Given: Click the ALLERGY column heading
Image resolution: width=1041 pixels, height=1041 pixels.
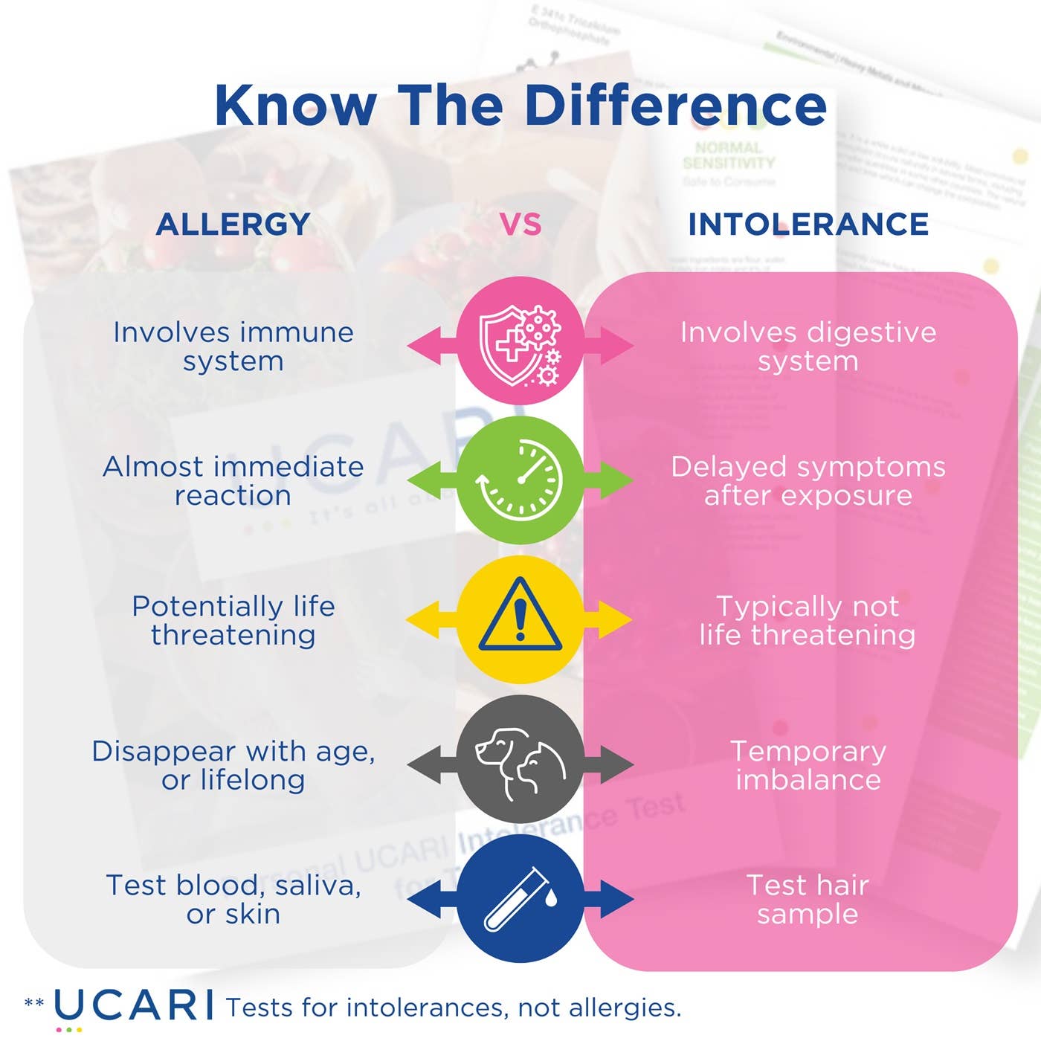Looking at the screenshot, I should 233,225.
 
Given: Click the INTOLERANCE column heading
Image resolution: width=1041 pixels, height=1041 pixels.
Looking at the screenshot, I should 808,225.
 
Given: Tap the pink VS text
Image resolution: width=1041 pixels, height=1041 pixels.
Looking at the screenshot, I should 520,225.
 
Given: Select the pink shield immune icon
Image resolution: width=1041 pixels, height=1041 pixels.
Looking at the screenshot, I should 520,341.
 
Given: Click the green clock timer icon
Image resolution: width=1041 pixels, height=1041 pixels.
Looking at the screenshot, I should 520,480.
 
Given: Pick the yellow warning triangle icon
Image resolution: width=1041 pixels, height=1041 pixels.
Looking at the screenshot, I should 520,619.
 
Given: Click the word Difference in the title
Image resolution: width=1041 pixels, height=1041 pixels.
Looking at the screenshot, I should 675,106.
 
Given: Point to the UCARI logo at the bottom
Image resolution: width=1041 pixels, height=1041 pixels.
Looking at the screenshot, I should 132,1006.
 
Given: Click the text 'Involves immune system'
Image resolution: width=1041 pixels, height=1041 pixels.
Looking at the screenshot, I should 233,347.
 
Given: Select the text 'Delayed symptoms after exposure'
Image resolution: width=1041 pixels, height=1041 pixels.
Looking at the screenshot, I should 808,480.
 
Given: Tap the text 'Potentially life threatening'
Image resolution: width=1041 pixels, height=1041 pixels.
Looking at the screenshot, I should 233,620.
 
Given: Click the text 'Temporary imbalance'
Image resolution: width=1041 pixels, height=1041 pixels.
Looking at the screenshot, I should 808,765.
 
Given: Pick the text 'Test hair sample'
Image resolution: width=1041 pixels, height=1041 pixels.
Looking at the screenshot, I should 808,899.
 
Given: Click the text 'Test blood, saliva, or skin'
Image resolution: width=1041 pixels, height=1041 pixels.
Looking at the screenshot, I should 233,899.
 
